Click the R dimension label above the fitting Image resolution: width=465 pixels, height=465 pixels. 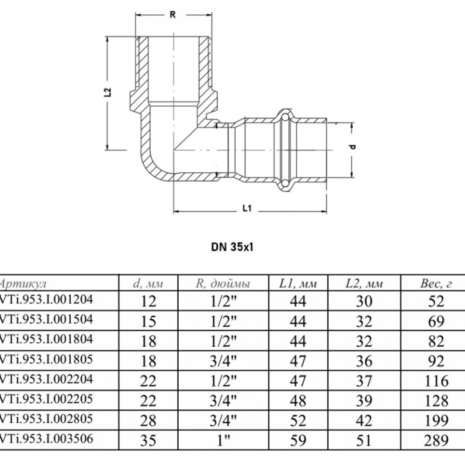click(172, 14)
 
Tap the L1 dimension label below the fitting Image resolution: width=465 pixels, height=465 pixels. click(247, 208)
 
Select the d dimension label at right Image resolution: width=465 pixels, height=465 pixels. click(353, 147)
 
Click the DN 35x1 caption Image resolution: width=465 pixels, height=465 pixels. click(232, 247)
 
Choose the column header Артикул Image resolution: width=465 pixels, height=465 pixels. click(23, 284)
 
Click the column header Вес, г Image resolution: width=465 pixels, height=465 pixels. click(436, 284)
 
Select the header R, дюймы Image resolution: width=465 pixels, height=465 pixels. click(223, 284)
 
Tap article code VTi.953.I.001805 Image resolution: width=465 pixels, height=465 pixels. click(46, 359)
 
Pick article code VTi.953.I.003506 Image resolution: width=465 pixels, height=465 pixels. click(46, 438)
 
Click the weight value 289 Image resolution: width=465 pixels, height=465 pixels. click(436, 440)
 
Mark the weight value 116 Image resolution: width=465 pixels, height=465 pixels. click(436, 381)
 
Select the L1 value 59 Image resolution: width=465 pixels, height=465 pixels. click(298, 440)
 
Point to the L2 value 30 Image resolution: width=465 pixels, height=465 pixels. click(364, 301)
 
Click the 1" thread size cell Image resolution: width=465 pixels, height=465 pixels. click(224, 440)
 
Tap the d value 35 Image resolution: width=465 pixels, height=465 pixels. click(148, 440)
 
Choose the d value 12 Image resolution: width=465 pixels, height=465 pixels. click(148, 301)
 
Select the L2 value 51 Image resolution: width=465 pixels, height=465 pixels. click(364, 440)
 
